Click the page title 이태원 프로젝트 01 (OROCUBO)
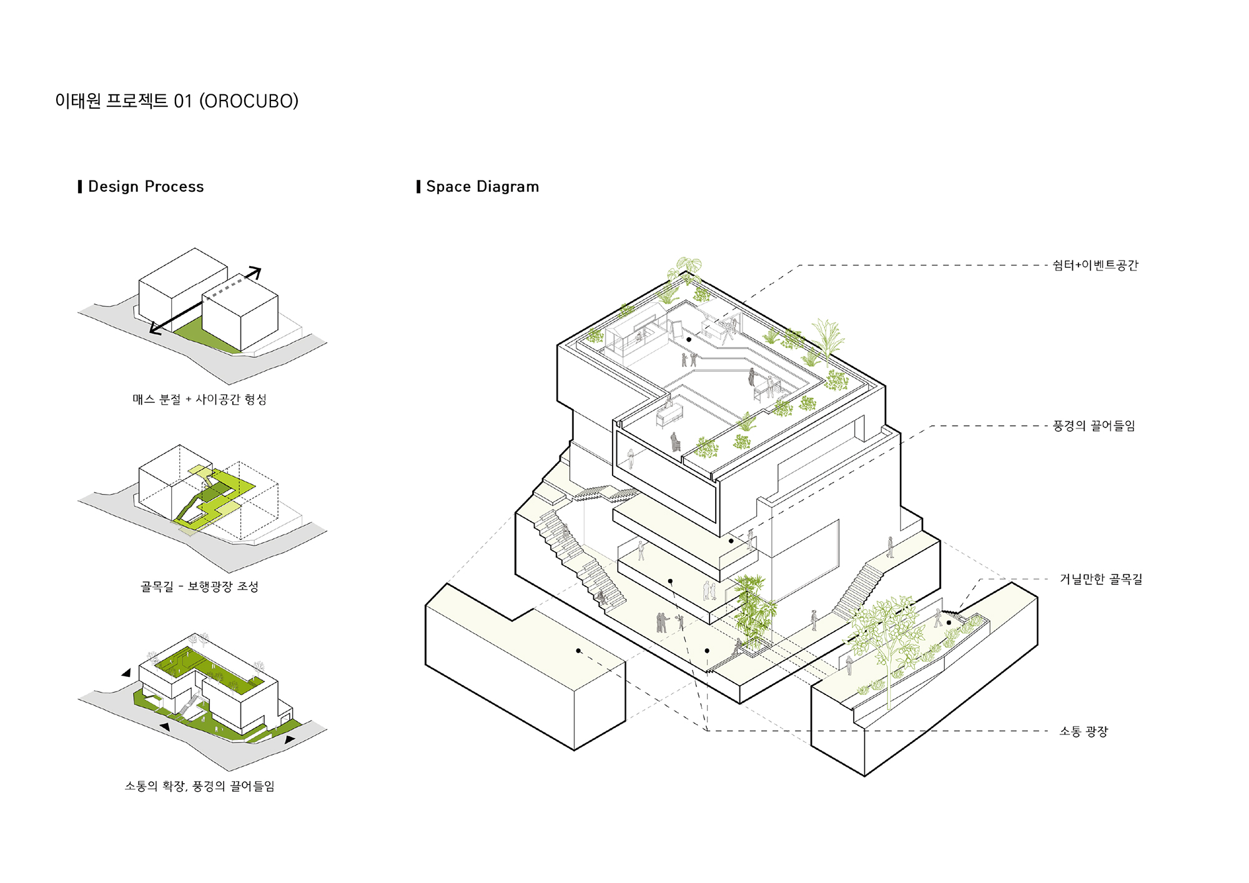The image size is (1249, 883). click(177, 101)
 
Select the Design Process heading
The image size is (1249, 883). click(146, 187)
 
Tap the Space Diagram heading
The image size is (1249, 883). click(482, 187)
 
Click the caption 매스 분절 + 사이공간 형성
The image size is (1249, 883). click(199, 399)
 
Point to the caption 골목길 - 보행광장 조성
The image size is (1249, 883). click(199, 586)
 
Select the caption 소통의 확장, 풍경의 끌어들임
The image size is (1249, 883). click(199, 786)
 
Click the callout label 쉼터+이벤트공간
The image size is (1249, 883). click(1095, 265)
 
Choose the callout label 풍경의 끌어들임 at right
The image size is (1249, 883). click(1094, 426)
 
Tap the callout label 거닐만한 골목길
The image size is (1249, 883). click(1101, 580)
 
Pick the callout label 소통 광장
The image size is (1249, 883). click(1084, 731)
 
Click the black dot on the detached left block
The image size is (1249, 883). click(578, 651)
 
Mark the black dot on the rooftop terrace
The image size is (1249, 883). click(689, 340)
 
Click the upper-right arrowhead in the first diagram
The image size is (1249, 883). click(255, 272)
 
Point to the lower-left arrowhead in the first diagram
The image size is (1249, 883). click(155, 329)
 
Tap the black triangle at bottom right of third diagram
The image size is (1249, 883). click(290, 739)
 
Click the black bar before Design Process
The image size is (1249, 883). click(80, 187)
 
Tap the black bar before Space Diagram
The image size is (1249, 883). click(418, 187)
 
